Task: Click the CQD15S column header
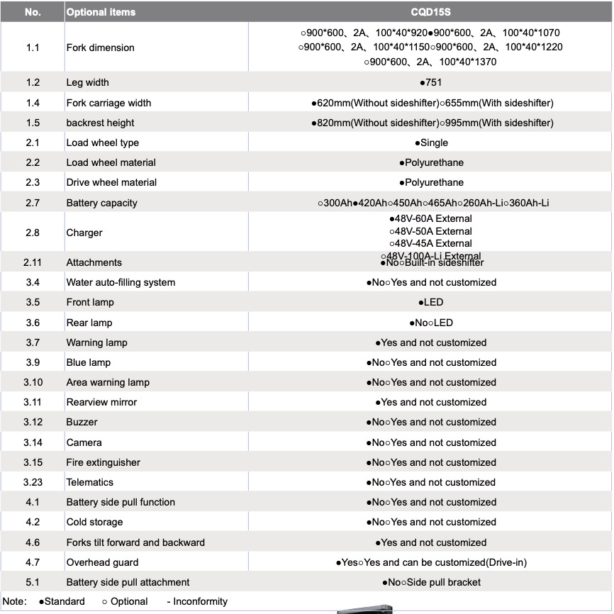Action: [x=430, y=12]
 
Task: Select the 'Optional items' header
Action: [x=101, y=12]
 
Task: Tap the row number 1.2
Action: [x=33, y=82]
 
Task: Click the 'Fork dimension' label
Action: [x=100, y=48]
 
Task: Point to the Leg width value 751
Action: [x=430, y=82]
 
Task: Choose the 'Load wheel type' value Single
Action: [x=431, y=143]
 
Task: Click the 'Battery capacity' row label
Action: [x=101, y=203]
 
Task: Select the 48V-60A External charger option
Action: [x=431, y=218]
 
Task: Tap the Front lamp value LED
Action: [x=431, y=302]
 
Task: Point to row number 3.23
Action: [x=33, y=482]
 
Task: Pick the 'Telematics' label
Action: [x=89, y=482]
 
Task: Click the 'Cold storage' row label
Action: [x=94, y=522]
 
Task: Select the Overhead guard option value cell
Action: [x=431, y=562]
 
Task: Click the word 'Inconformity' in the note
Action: [x=201, y=601]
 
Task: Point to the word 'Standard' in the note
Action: [x=64, y=601]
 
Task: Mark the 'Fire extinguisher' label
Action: [x=103, y=462]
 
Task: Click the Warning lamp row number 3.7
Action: [x=33, y=342]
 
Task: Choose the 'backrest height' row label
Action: [x=100, y=123]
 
